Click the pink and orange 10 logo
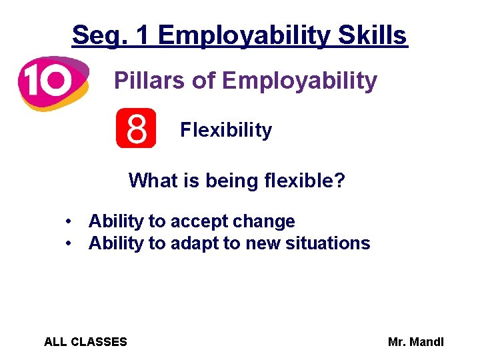click(x=52, y=82)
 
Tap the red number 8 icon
click(x=136, y=128)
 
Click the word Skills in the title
click(x=373, y=35)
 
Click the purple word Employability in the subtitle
click(x=299, y=81)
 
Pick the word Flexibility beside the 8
click(x=226, y=129)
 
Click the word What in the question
click(x=151, y=180)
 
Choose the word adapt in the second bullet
click(x=195, y=243)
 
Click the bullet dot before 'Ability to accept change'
click(x=69, y=221)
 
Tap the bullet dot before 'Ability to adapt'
click(x=69, y=243)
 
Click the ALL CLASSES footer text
click(x=85, y=342)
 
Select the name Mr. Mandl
click(x=415, y=342)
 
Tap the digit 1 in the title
click(x=142, y=35)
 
